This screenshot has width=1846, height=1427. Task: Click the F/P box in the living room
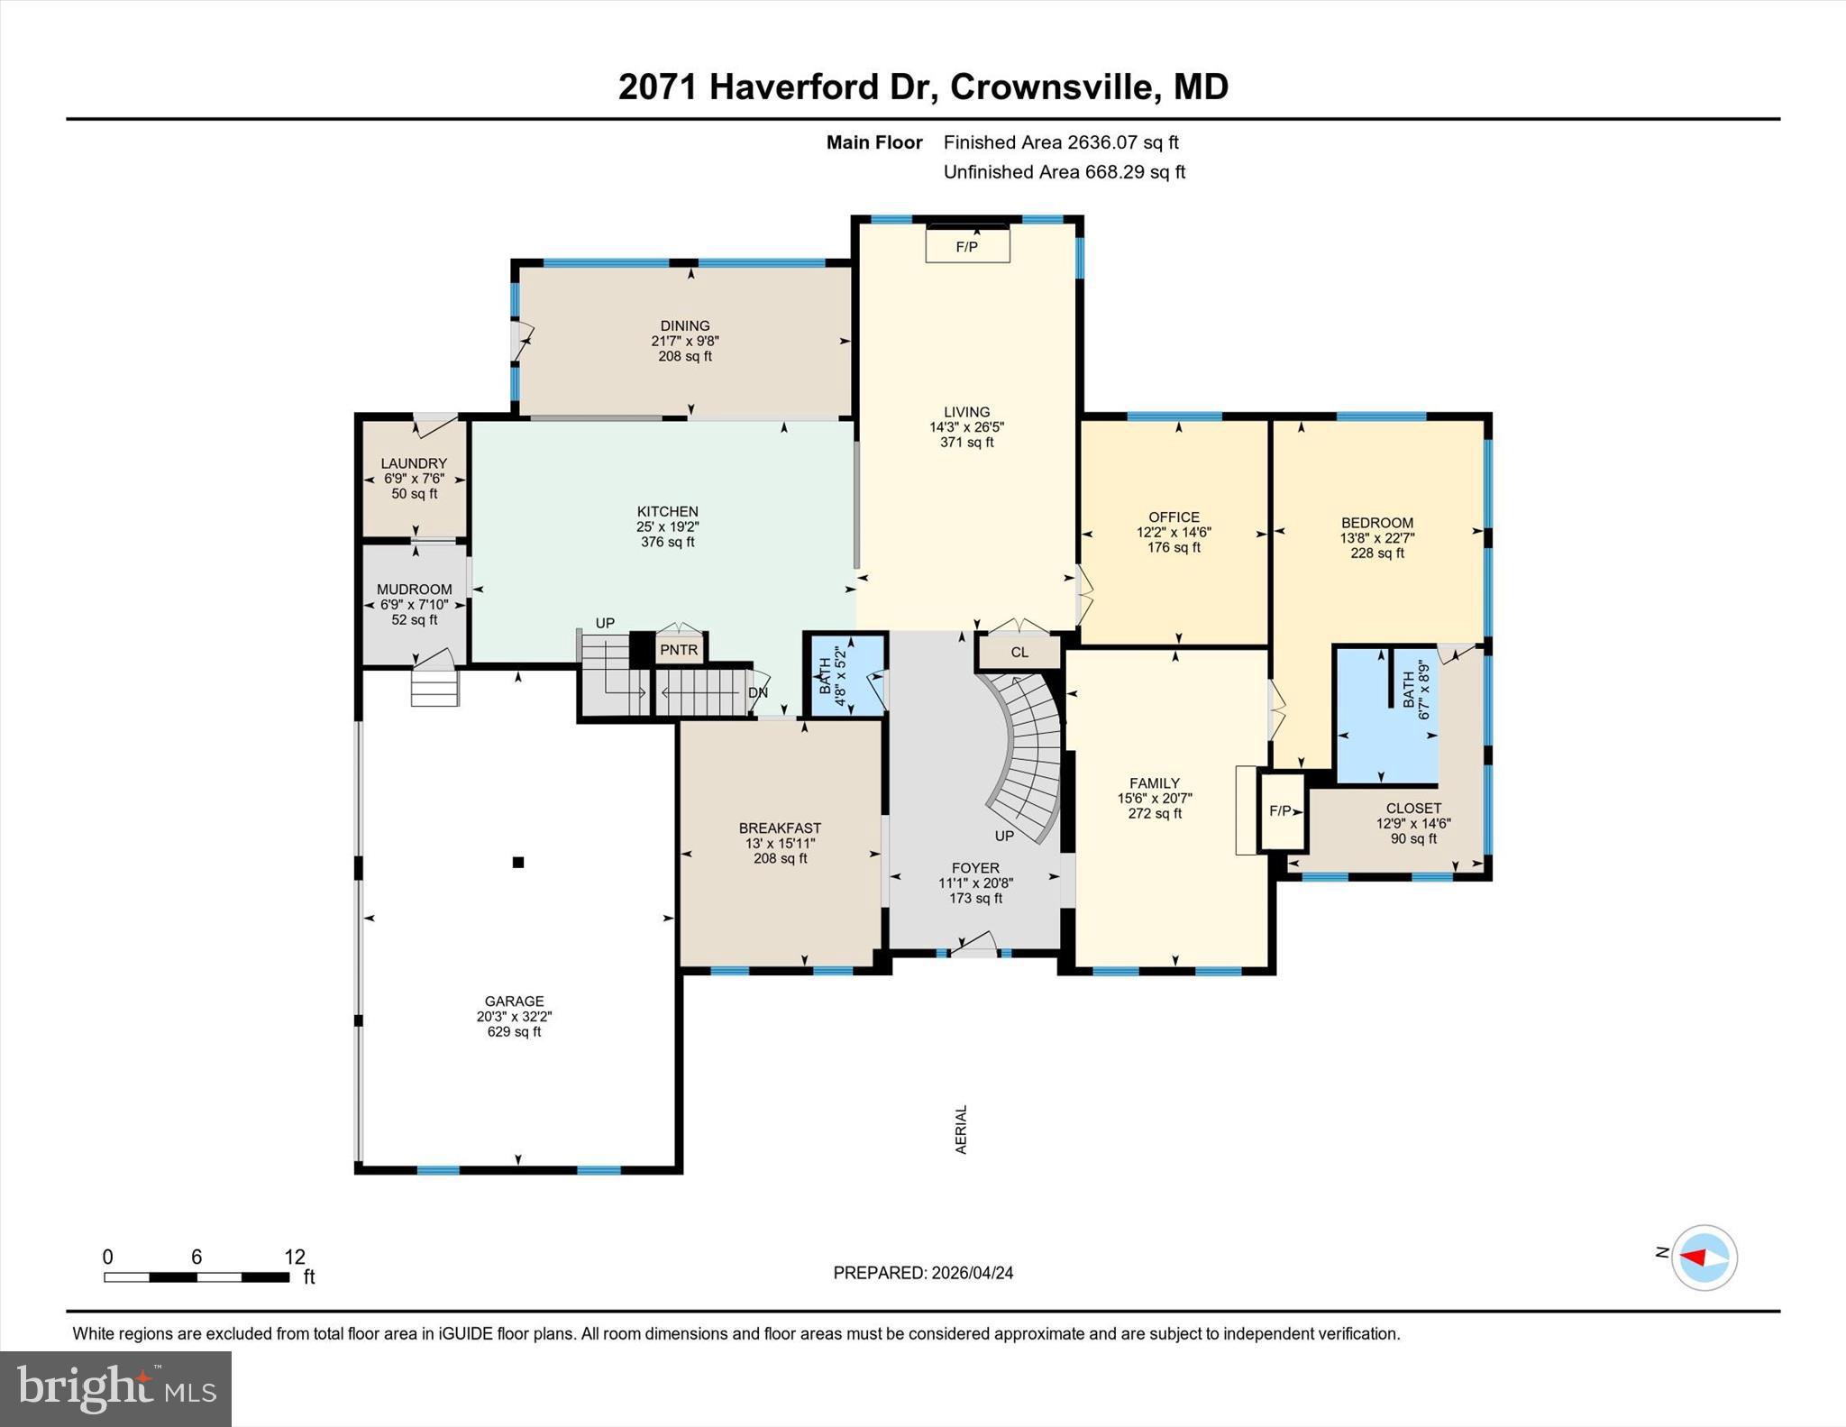[967, 245]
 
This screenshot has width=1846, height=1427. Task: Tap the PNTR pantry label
[679, 650]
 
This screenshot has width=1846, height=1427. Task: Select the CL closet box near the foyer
[1019, 652]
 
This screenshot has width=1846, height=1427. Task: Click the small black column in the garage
[518, 863]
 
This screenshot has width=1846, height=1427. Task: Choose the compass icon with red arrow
[1704, 1258]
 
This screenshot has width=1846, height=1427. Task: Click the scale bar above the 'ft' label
[196, 1277]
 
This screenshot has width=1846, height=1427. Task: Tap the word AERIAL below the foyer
[961, 1130]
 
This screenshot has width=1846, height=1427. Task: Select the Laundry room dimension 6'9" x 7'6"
[414, 479]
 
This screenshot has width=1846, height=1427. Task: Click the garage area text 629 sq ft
[514, 1031]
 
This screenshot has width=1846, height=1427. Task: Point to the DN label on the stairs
[758, 692]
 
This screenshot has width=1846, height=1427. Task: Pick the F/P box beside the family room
[1281, 810]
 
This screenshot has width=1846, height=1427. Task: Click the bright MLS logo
[115, 1388]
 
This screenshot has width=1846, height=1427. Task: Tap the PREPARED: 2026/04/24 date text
[923, 1273]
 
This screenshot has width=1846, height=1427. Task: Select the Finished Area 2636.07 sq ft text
[1061, 142]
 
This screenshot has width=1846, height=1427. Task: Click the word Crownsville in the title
[1051, 87]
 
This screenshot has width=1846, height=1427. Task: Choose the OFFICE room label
[1174, 517]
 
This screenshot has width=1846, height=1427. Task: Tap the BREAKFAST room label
[780, 828]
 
